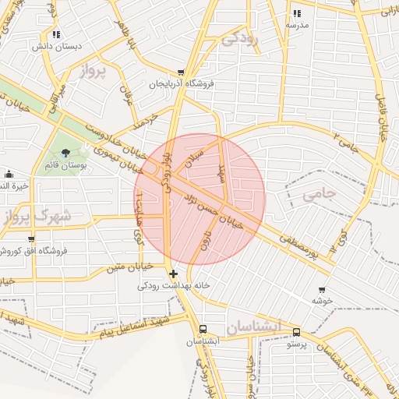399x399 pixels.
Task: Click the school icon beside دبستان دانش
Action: [x=55, y=34]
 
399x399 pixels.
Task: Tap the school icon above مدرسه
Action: [x=297, y=13]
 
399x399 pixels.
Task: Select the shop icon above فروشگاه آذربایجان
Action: [x=181, y=72]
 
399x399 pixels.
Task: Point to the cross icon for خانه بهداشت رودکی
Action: [x=173, y=274]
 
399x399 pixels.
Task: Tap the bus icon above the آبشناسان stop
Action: [x=203, y=330]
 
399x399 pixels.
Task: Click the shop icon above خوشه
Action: [x=322, y=288]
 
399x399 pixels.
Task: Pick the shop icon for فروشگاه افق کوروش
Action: [x=31, y=238]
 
